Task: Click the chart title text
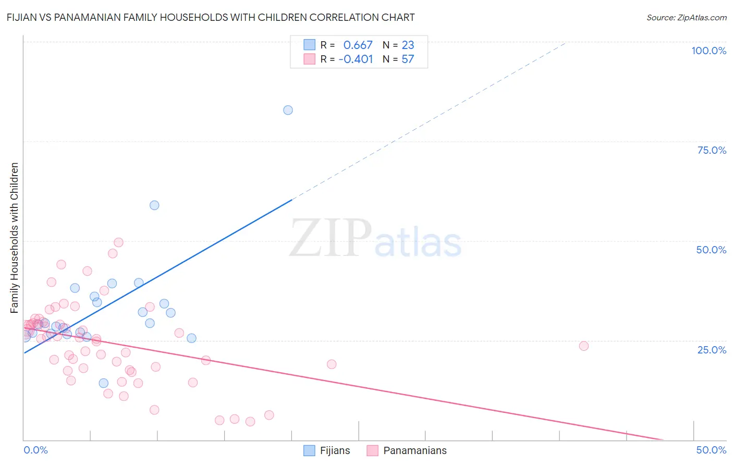point(211,17)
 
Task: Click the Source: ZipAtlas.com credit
point(686,17)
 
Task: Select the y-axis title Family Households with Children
point(15,238)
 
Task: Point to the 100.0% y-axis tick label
point(708,51)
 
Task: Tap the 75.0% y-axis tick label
point(712,150)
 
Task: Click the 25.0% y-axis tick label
point(712,350)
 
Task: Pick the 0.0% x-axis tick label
point(35,450)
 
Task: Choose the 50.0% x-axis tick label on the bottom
point(711,450)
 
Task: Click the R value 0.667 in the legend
point(358,45)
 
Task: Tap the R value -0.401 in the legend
point(356,59)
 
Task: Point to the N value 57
point(408,59)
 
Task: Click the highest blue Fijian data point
point(288,110)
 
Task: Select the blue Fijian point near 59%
point(154,205)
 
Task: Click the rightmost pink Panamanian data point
point(584,346)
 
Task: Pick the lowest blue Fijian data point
point(104,383)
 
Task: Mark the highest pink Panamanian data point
point(118,242)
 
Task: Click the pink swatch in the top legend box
point(310,59)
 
